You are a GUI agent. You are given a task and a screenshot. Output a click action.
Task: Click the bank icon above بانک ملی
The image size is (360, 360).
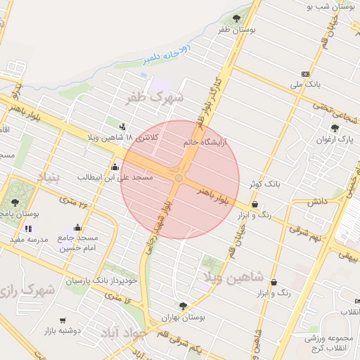pos(304,74)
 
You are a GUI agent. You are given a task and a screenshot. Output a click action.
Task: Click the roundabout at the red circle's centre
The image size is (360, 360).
pos(179,179)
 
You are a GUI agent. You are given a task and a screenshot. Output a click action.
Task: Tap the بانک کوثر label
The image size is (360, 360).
pos(263,184)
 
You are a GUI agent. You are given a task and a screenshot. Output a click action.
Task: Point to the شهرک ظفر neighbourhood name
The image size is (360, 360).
pos(154,97)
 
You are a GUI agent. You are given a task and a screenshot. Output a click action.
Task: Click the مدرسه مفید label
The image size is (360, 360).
pos(29,240)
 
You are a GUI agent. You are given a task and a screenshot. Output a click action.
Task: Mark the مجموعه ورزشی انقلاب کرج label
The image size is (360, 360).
pos(331,343)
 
